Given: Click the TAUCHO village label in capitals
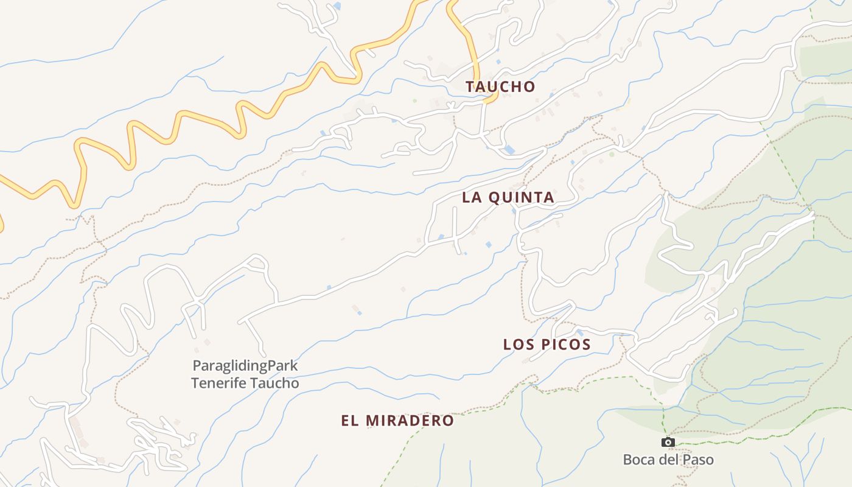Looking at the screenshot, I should click(x=500, y=86).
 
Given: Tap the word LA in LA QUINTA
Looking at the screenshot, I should click(x=472, y=197).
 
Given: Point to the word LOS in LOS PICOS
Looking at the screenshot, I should click(x=517, y=345).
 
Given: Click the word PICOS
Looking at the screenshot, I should click(x=565, y=345).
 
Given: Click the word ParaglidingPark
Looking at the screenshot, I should click(x=245, y=366).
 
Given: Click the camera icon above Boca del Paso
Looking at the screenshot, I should click(x=668, y=443).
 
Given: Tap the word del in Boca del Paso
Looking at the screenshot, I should click(x=669, y=460).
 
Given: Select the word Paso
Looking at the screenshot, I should click(x=698, y=460).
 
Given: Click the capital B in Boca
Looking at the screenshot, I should click(x=628, y=460).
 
